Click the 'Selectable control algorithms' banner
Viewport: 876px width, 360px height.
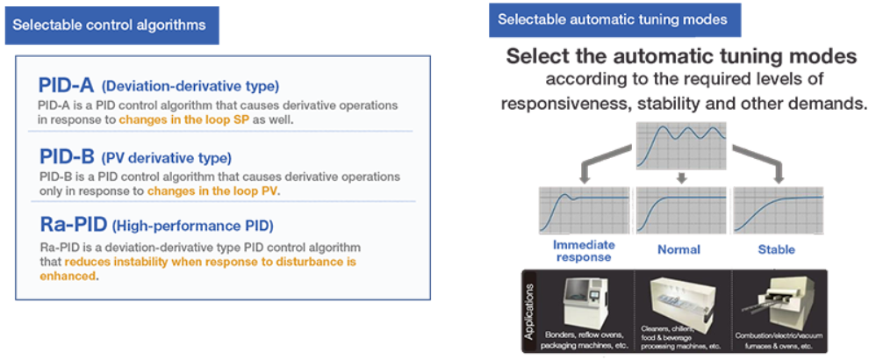point(111,25)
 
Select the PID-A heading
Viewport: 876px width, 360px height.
point(67,85)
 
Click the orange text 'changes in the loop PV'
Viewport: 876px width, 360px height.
point(212,191)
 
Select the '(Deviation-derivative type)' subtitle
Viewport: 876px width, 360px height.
point(190,87)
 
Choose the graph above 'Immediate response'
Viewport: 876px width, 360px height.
point(584,212)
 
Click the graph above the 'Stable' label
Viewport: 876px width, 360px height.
point(778,212)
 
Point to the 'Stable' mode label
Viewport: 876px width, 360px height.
point(778,250)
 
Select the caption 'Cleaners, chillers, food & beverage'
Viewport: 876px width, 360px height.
point(681,339)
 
